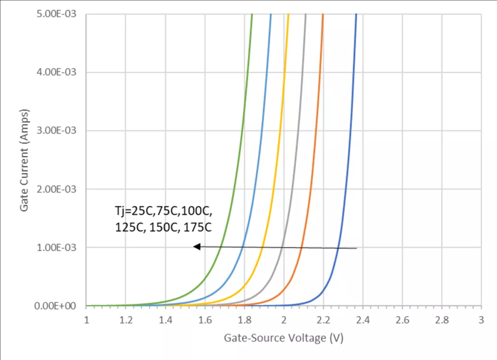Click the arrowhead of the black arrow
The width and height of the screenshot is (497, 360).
coord(196,247)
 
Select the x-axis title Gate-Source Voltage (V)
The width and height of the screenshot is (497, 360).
coord(283,338)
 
